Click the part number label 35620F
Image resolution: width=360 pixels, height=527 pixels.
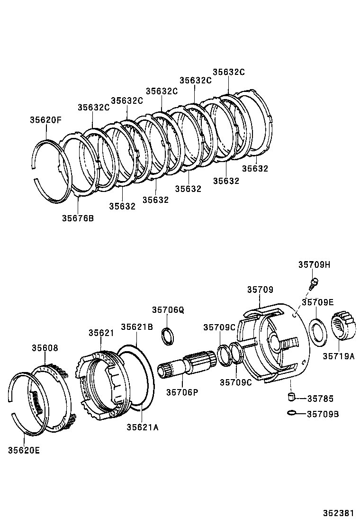coord(45,120)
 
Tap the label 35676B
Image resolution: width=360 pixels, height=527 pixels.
coord(78,218)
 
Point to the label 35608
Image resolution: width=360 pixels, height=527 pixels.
coord(45,348)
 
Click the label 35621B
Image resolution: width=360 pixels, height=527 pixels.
coord(136,327)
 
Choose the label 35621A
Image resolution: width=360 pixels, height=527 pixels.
coord(142,427)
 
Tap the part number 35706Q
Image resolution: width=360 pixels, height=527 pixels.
coord(168,310)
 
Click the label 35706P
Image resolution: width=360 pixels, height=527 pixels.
coord(182,391)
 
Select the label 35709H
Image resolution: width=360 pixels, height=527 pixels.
coord(314,265)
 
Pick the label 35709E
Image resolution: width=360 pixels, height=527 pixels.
coord(318,302)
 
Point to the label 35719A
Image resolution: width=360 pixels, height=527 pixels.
coord(339,355)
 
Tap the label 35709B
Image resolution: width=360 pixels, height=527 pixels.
coord(323,414)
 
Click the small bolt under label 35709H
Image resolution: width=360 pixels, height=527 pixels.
coord(313,284)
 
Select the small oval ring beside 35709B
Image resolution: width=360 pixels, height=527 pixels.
coord(293,413)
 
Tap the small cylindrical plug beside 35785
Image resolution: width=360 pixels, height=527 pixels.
coord(292,397)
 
